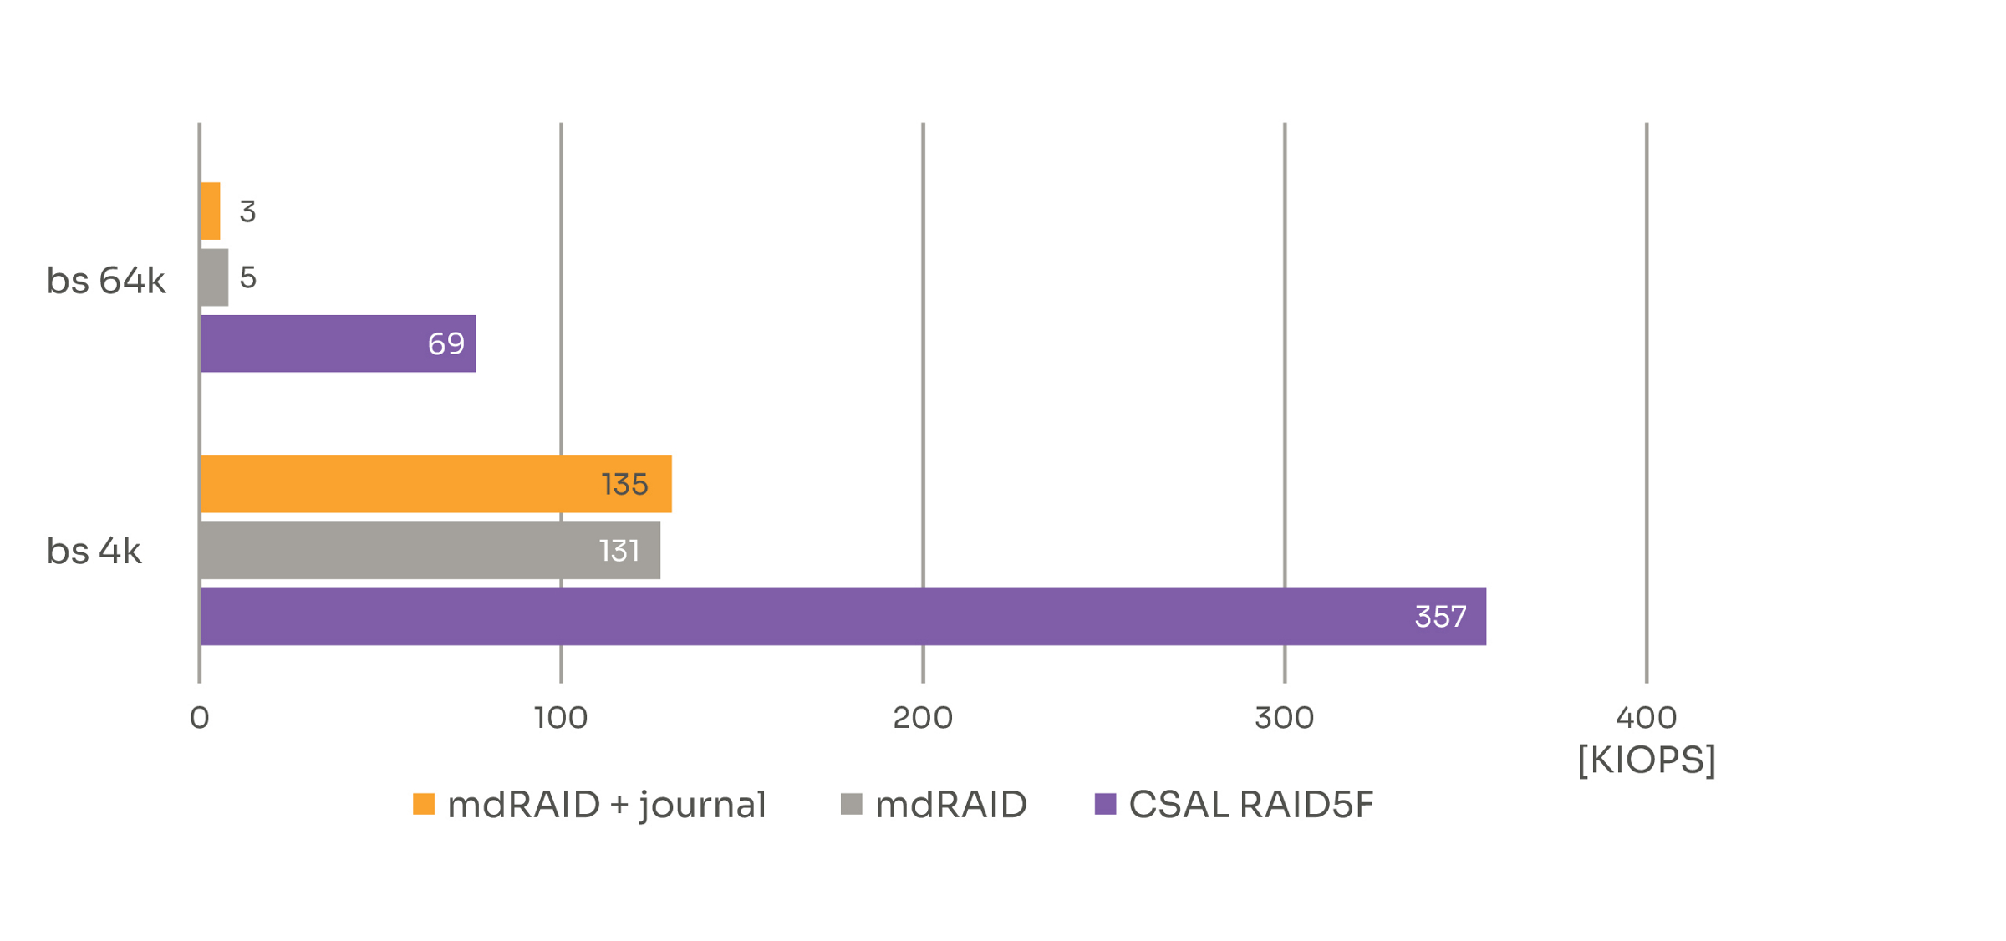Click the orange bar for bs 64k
click(x=210, y=211)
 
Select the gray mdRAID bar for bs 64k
click(x=214, y=277)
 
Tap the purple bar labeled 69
click(x=337, y=343)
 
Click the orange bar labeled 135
click(x=435, y=484)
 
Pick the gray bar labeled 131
click(x=430, y=550)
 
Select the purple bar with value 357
click(x=843, y=617)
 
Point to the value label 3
click(x=247, y=211)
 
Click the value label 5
click(x=247, y=277)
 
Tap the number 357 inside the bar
click(x=1440, y=617)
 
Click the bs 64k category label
click(x=106, y=281)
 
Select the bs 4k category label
click(x=94, y=551)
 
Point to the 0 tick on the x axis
click(x=199, y=717)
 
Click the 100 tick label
click(x=561, y=717)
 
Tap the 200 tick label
click(x=923, y=717)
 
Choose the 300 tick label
click(x=1285, y=717)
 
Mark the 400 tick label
click(x=1646, y=717)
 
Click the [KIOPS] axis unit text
click(x=1646, y=759)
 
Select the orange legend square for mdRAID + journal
click(x=424, y=804)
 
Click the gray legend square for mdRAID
click(x=851, y=804)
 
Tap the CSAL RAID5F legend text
click(x=1250, y=804)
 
